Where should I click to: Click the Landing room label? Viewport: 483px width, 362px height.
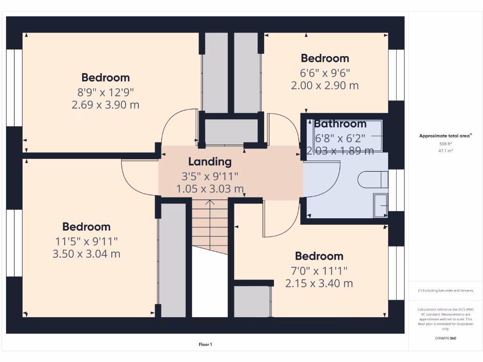pos(210,162)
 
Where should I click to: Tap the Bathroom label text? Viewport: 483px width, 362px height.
pos(340,124)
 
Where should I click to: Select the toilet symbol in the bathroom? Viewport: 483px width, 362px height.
pos(373,179)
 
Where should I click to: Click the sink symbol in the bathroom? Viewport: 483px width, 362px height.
pos(380,205)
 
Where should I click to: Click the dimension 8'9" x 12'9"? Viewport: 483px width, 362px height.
pos(105,91)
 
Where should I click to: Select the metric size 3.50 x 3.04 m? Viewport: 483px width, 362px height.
pos(86,254)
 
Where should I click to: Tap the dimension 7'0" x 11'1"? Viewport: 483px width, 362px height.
pos(319,270)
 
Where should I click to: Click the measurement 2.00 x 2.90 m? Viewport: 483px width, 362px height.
pos(325,86)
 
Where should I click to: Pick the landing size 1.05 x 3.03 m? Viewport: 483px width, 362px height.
pos(210,189)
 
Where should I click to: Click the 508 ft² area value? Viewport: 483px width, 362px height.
pos(445,144)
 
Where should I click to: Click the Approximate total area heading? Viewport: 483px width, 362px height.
pos(445,136)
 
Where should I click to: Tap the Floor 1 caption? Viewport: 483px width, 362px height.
pos(205,345)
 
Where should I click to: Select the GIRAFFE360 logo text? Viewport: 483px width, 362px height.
pos(445,338)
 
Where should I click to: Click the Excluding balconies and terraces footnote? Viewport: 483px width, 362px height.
pos(445,290)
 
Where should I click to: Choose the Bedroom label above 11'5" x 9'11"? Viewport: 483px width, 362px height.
pos(86,227)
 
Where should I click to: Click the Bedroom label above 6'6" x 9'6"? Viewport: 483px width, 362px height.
pos(325,58)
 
